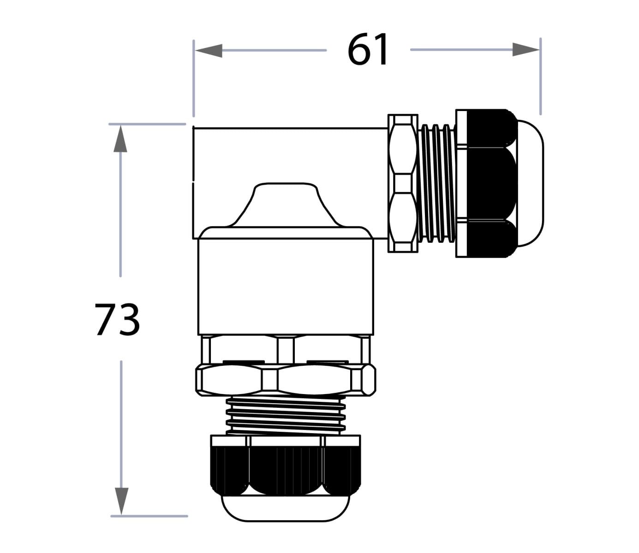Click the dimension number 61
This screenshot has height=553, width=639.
pyautogui.click(x=368, y=50)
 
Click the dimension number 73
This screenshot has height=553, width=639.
pyautogui.click(x=117, y=319)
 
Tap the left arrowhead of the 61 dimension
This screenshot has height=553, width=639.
pyautogui.click(x=209, y=50)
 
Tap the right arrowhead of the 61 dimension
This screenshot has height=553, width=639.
pyautogui.click(x=526, y=50)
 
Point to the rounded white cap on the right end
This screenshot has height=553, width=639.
pyautogui.click(x=531, y=183)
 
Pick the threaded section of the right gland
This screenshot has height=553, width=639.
pyautogui.click(x=437, y=183)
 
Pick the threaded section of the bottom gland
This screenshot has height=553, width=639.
pyautogui.click(x=286, y=414)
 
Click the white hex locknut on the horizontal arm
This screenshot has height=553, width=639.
pyautogui.click(x=403, y=183)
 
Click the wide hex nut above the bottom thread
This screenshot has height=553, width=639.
pyautogui.click(x=286, y=380)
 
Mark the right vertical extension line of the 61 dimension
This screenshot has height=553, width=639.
pyautogui.click(x=540, y=76)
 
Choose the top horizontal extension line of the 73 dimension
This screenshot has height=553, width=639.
pyautogui.click(x=147, y=124)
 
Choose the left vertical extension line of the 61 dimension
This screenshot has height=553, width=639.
pyautogui.click(x=194, y=78)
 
